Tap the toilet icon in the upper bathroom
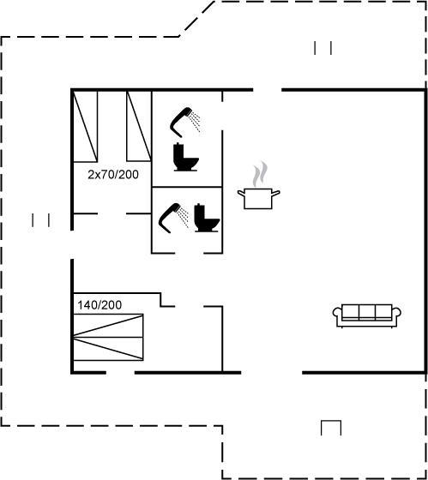185,157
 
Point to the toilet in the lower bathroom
207,218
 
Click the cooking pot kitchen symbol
258,198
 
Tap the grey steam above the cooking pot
260,174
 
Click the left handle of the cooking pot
241,193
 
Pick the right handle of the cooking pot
276,193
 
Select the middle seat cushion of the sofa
367,312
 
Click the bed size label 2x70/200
113,175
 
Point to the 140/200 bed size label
99,305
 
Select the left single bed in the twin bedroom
86,126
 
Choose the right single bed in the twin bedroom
139,126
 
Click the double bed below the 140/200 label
108,337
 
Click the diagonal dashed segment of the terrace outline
196,19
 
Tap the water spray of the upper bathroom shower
195,122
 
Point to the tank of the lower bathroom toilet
198,210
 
